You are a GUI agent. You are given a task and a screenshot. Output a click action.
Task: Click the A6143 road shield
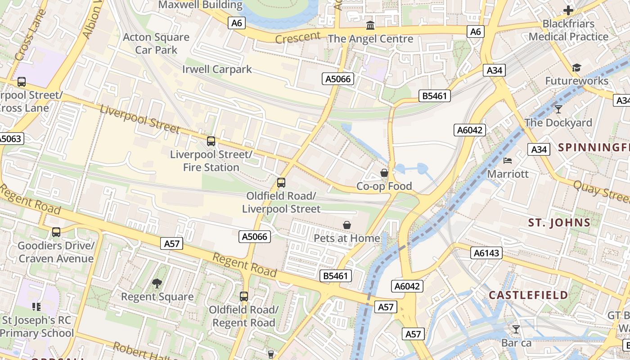point(487,253)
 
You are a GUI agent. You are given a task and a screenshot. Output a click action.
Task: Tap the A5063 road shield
point(10,139)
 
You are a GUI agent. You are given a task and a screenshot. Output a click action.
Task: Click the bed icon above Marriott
point(508,161)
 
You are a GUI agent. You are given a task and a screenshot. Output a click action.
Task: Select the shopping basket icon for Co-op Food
point(384,173)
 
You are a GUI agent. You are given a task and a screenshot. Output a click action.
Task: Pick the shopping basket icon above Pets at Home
point(347,225)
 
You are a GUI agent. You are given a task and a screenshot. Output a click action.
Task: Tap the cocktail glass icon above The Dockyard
point(558,109)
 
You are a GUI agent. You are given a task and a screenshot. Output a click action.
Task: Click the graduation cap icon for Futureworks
point(576,68)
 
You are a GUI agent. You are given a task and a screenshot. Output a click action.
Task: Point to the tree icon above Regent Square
point(157,283)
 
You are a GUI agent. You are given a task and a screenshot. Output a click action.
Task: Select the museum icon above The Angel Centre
point(370,25)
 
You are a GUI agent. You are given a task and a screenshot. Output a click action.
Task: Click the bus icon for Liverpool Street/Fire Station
point(211,141)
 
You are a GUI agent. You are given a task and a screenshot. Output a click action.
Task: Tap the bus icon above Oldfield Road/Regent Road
point(244,297)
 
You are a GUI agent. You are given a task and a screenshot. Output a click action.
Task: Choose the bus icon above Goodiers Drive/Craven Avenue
point(56,232)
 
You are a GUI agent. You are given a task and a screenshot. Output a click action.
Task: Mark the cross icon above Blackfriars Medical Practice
point(568,10)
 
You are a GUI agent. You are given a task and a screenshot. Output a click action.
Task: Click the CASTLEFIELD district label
point(528,295)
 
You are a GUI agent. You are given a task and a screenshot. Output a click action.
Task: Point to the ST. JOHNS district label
point(559,222)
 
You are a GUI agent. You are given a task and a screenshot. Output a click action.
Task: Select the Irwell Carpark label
point(217,69)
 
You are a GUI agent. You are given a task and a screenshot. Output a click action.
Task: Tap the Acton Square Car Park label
point(156,44)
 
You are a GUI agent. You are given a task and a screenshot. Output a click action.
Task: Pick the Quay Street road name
point(601,190)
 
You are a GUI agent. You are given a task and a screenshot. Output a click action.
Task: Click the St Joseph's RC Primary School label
point(38,327)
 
